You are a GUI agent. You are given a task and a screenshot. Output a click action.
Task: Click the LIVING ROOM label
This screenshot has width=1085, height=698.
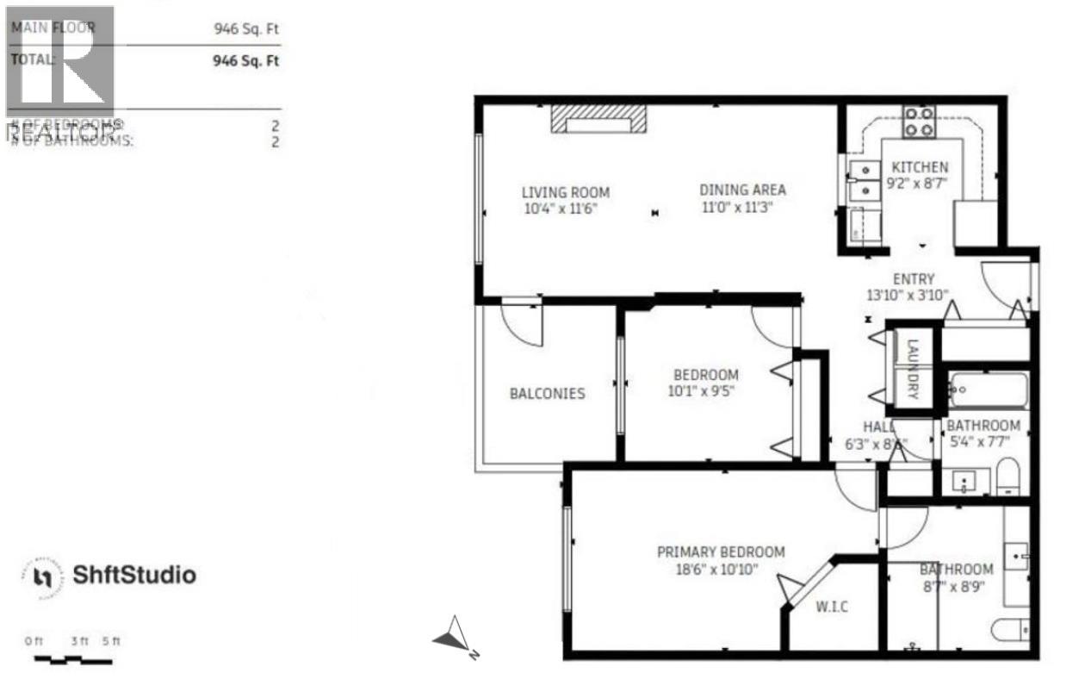[566, 192]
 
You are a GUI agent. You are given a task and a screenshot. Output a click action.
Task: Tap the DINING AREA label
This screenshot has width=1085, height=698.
[742, 190]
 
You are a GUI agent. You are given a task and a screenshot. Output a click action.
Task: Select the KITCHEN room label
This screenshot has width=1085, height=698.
[920, 167]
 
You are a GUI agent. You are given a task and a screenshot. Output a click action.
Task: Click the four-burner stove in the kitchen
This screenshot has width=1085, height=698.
[919, 122]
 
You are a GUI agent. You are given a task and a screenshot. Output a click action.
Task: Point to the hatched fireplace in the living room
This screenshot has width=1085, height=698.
[598, 119]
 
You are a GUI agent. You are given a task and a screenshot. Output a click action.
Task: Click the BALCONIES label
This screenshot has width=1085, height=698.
[547, 394]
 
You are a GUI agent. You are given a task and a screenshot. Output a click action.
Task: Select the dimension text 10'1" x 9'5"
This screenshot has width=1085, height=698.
[704, 390]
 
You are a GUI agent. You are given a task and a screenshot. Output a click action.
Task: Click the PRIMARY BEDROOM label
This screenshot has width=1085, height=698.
[721, 552]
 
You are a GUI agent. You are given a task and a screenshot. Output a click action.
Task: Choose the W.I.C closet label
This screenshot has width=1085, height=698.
[832, 607]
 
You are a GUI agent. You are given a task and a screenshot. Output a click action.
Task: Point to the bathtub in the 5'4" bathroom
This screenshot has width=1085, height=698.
[988, 390]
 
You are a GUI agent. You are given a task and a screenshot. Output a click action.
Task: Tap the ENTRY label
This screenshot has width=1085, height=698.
[914, 279]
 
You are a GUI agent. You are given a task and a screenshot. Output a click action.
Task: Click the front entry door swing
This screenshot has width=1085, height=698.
[1004, 283]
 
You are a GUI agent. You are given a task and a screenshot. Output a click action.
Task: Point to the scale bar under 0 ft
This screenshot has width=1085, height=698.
[72, 660]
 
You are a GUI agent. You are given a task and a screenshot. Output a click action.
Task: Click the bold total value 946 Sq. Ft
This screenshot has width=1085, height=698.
[245, 62]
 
